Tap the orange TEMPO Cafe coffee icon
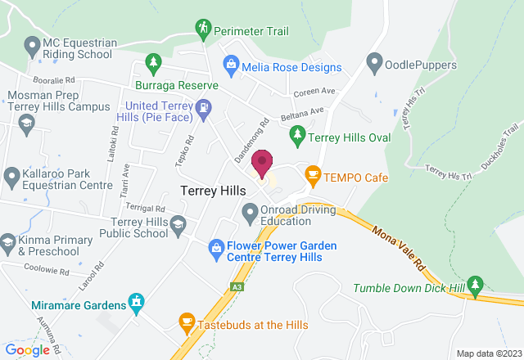click(312, 175)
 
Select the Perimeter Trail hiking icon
click(203, 29)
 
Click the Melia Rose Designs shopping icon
click(231, 63)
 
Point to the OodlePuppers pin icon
click(375, 61)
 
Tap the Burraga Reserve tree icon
click(151, 62)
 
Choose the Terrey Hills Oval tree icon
click(299, 133)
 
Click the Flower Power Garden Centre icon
click(216, 245)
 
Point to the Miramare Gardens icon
click(136, 303)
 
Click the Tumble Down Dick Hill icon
click(477, 284)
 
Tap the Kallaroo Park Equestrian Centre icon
click(11, 176)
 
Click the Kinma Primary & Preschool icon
click(8, 242)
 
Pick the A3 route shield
click(236, 286)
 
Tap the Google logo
click(27, 349)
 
